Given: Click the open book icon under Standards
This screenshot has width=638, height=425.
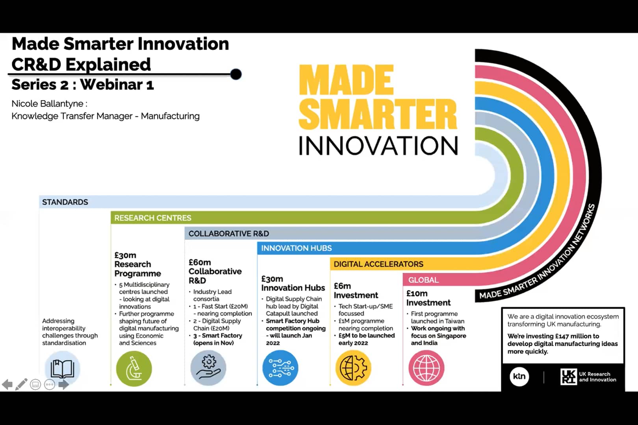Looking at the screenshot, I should (x=62, y=369).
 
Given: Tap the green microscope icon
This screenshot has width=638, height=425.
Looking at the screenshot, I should (x=134, y=369).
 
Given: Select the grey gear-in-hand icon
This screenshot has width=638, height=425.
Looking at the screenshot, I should (x=208, y=368).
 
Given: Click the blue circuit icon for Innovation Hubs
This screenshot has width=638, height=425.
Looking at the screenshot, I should (x=280, y=368).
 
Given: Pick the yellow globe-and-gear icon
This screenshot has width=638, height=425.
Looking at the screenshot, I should (x=353, y=368).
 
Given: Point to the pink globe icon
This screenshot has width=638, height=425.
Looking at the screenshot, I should (x=427, y=368).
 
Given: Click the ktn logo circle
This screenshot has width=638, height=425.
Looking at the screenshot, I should (x=519, y=376).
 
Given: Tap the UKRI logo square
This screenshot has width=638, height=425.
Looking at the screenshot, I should (x=568, y=377).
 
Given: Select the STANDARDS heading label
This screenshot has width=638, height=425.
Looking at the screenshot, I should (x=65, y=202).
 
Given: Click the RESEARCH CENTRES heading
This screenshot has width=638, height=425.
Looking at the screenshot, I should (x=152, y=218).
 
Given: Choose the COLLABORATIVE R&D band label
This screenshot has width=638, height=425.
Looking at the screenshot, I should (x=228, y=234).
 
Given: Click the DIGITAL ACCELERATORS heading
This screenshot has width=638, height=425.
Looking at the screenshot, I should (x=378, y=264).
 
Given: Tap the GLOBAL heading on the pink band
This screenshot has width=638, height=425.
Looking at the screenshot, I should (x=423, y=280).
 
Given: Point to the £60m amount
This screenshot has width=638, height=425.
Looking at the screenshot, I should (x=200, y=262).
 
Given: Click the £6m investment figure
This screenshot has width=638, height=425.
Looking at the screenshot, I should (x=342, y=286).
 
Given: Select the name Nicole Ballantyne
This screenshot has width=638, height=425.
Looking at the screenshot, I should (x=47, y=104).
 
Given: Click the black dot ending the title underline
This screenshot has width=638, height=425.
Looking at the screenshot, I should (x=236, y=74).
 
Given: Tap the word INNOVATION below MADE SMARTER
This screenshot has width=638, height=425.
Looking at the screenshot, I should (x=378, y=146).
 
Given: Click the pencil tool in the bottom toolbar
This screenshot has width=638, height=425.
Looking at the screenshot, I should (x=21, y=384).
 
